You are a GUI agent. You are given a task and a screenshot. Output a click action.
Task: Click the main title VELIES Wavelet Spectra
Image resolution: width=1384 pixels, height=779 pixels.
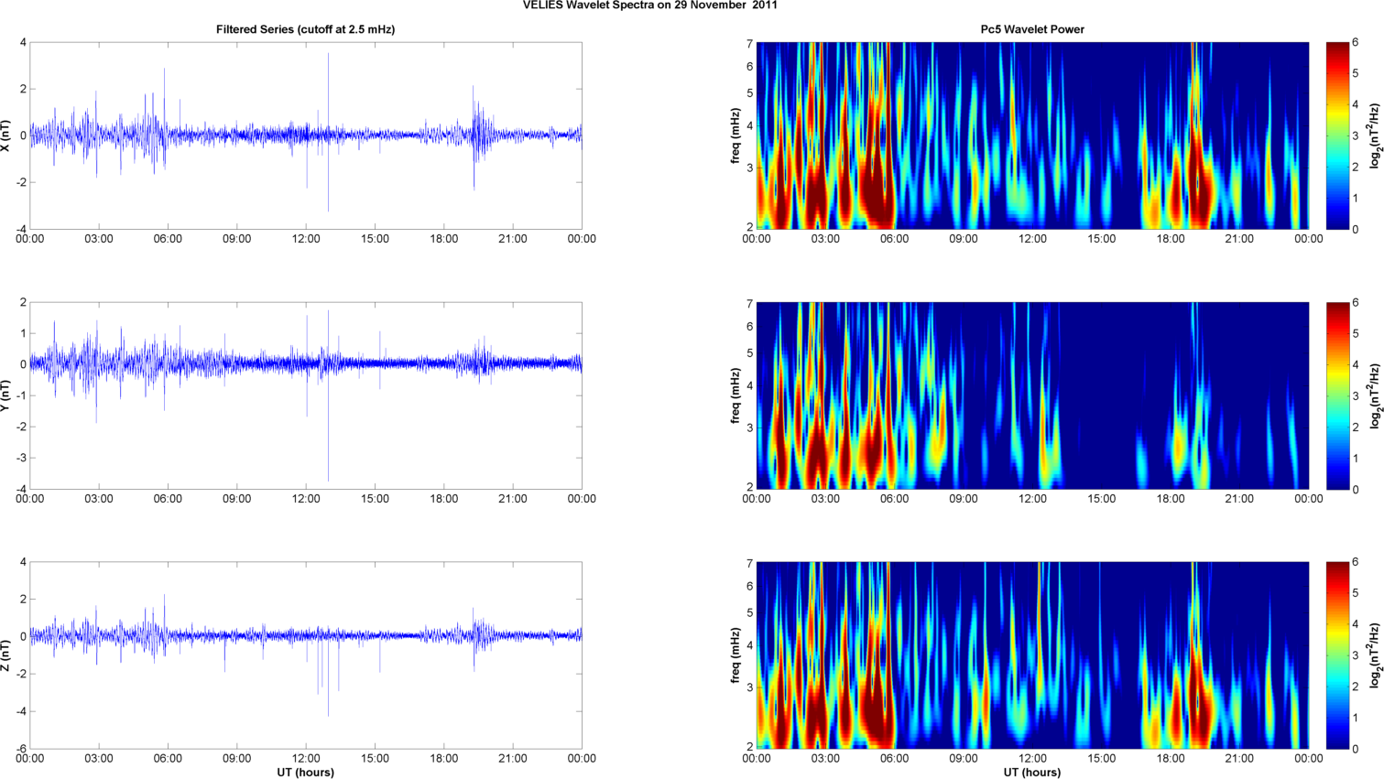click(x=649, y=5)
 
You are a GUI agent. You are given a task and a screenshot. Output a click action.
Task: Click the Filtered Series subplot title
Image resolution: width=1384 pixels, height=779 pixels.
click(x=305, y=29)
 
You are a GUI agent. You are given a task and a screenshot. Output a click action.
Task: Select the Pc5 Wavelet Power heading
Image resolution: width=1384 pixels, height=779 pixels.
click(x=1031, y=29)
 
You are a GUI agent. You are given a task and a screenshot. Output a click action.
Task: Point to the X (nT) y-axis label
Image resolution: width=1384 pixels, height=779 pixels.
click(x=6, y=135)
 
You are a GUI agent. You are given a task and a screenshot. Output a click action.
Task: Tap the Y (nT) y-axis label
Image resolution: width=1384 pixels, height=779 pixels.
click(x=6, y=395)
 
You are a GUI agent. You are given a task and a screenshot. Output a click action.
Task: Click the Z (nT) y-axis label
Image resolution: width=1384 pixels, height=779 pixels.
click(x=6, y=655)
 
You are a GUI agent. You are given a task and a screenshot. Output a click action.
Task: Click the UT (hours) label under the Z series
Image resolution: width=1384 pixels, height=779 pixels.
click(x=305, y=773)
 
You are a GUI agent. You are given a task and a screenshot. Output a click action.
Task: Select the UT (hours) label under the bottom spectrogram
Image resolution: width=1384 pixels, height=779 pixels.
click(x=1031, y=773)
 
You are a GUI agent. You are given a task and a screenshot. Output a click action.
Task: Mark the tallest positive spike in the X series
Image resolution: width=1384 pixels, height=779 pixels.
click(x=328, y=55)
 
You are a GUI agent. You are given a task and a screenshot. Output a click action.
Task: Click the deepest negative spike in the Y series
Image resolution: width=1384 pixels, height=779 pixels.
click(x=328, y=480)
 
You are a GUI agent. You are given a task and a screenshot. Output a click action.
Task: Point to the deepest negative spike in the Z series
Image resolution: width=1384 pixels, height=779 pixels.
click(x=328, y=714)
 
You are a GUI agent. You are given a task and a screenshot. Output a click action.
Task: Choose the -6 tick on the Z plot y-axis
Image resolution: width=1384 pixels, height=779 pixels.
click(x=20, y=749)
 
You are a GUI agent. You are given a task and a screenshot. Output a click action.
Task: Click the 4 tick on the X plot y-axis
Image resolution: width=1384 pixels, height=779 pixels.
click(x=23, y=43)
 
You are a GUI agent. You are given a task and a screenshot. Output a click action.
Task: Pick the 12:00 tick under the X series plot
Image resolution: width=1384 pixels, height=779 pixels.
click(x=306, y=239)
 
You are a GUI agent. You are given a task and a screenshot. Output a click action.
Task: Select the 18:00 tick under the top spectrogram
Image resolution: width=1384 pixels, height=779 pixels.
click(x=1170, y=239)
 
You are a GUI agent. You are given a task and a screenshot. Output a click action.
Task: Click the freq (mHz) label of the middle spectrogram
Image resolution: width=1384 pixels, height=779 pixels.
click(x=736, y=395)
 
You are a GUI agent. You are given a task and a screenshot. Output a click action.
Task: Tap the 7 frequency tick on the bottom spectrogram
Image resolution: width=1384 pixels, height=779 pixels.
click(x=748, y=564)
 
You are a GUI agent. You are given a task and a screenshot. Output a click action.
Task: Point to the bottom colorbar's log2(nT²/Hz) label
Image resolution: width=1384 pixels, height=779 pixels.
click(x=1375, y=655)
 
